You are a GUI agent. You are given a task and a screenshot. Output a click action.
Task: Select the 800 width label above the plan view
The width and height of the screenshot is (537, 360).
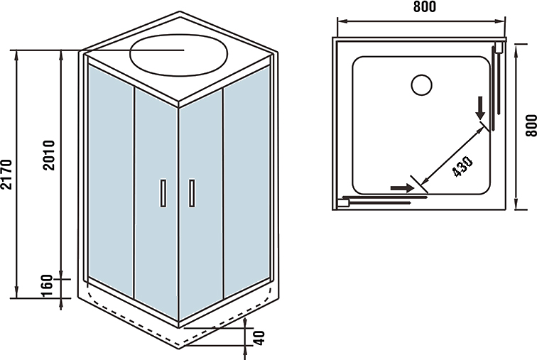pyautogui.click(x=422, y=6)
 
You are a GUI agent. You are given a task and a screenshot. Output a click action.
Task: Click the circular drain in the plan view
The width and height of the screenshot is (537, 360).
pyautogui.click(x=422, y=84)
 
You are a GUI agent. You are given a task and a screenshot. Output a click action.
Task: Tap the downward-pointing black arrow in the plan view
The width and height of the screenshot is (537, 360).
pyautogui.click(x=482, y=107)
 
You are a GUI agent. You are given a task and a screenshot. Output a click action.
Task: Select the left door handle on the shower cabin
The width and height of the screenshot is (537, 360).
pyautogui.click(x=163, y=193)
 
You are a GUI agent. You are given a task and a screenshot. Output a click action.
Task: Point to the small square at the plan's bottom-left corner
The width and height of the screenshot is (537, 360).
pyautogui.click(x=342, y=202)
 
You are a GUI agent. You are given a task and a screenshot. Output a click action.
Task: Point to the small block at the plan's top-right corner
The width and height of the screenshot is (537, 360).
pyautogui.click(x=499, y=48)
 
